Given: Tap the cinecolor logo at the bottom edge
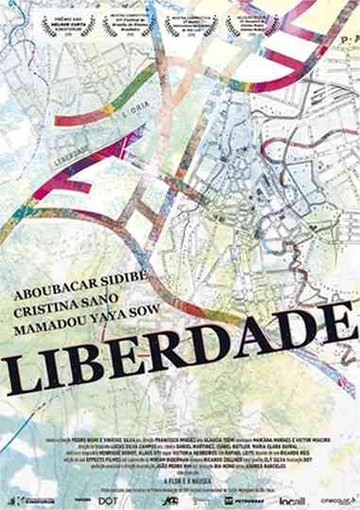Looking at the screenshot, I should [x=333, y=500].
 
